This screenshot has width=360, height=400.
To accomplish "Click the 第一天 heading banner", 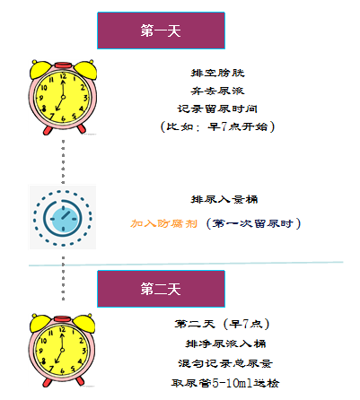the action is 161,30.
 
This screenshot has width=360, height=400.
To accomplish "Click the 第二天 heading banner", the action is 161,289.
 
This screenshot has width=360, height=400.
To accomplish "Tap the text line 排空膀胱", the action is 218,73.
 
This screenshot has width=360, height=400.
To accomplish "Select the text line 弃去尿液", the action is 218,91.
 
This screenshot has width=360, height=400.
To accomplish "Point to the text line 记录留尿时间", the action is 217,109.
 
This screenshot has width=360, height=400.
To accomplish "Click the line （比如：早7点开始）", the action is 217,126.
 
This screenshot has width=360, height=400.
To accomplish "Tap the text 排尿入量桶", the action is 224,199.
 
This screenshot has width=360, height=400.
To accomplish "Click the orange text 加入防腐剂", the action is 164,223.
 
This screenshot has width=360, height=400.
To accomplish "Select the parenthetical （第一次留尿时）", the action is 254,223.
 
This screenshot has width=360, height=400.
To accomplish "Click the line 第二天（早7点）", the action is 222,324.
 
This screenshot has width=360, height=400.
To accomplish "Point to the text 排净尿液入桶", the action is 225,343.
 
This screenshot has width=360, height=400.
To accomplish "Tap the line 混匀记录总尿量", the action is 225,363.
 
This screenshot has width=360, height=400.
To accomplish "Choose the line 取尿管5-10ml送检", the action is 225,383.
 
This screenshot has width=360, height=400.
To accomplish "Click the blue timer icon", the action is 63,218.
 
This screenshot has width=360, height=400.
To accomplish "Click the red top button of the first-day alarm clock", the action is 63,65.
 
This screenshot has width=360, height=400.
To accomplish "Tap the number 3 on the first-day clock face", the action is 85,98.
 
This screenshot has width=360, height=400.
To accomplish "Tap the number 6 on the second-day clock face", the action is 62,371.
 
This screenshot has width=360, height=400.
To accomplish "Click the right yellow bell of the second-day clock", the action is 83,323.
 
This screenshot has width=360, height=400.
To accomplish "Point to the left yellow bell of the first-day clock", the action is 40,69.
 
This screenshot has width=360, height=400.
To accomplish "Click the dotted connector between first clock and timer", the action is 63,161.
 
